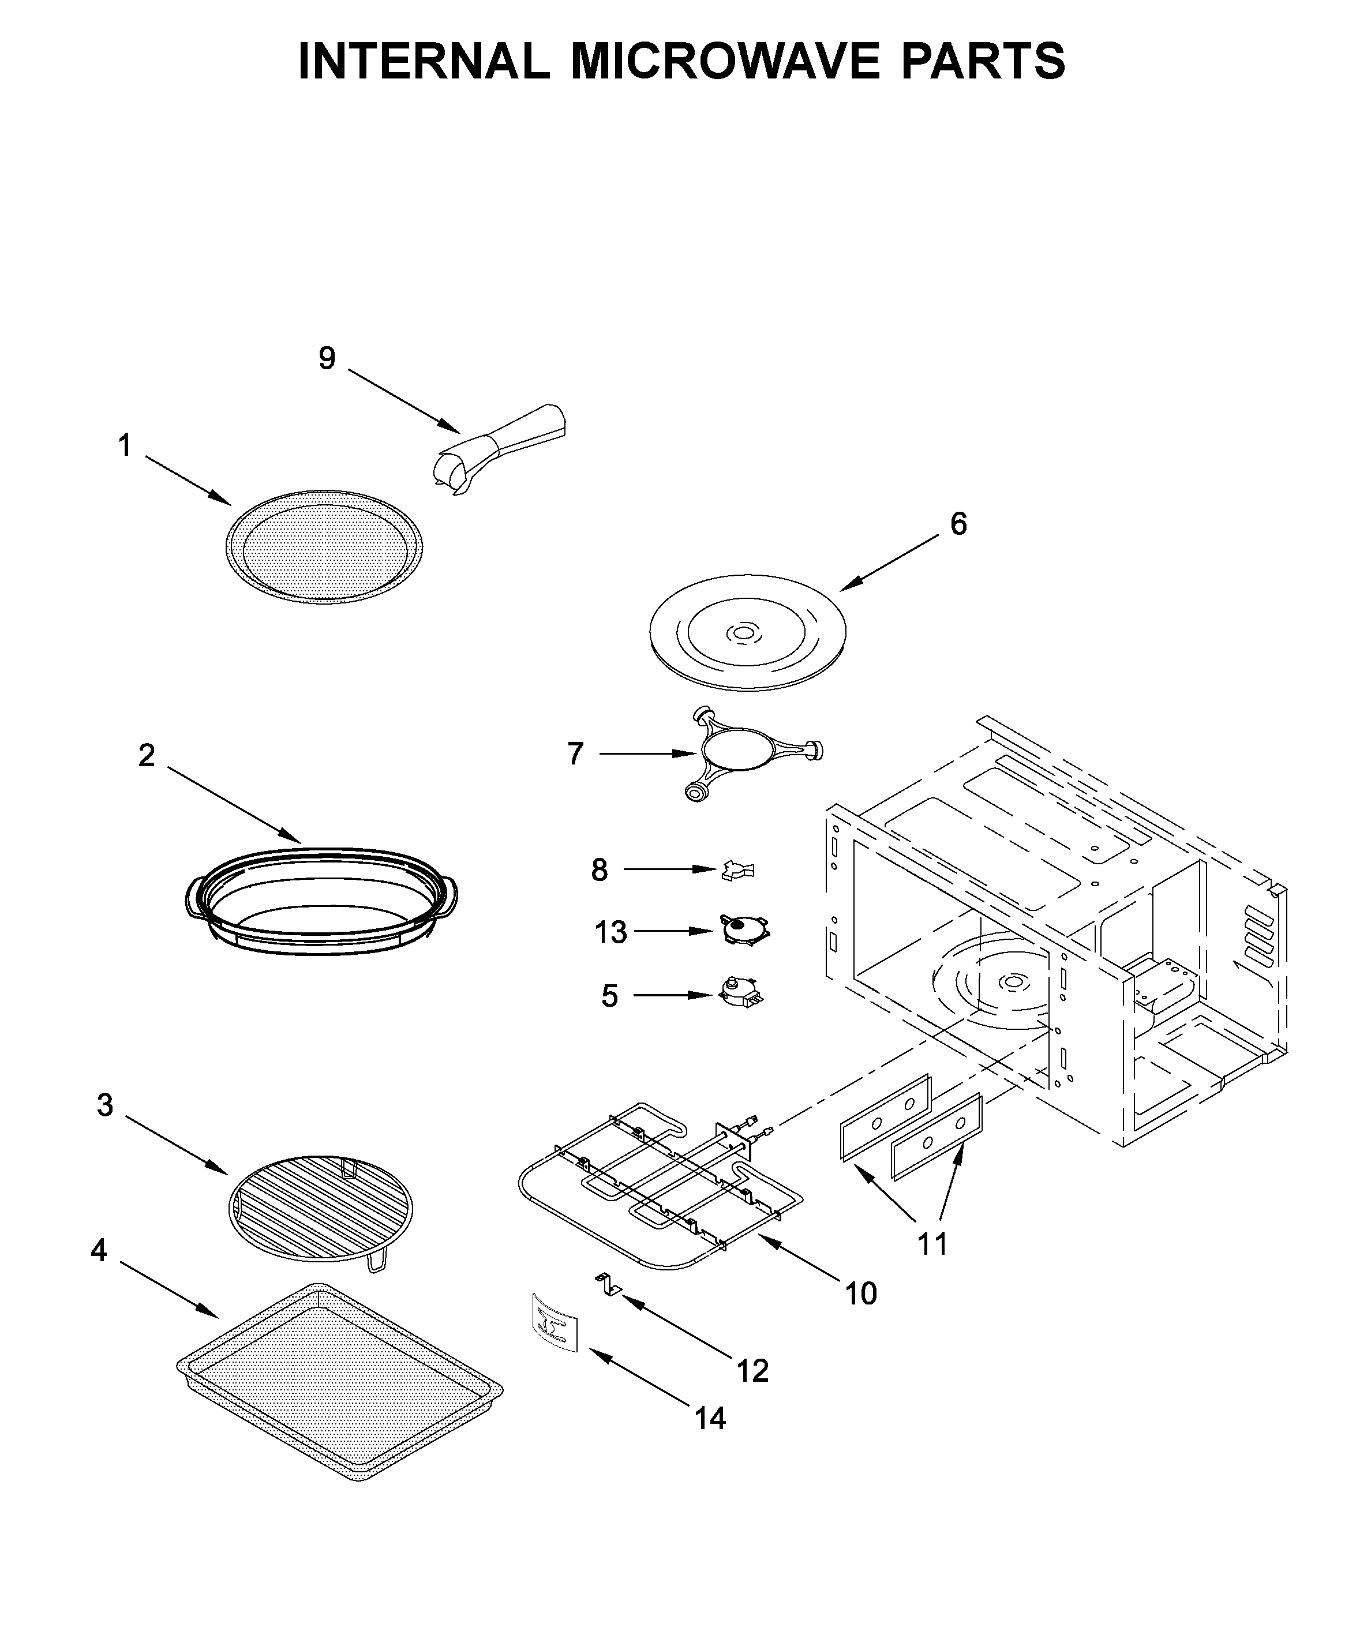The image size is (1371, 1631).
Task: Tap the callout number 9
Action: pos(327,358)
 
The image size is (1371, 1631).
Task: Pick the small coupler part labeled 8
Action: pos(737,870)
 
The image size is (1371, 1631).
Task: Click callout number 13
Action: pos(611,932)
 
